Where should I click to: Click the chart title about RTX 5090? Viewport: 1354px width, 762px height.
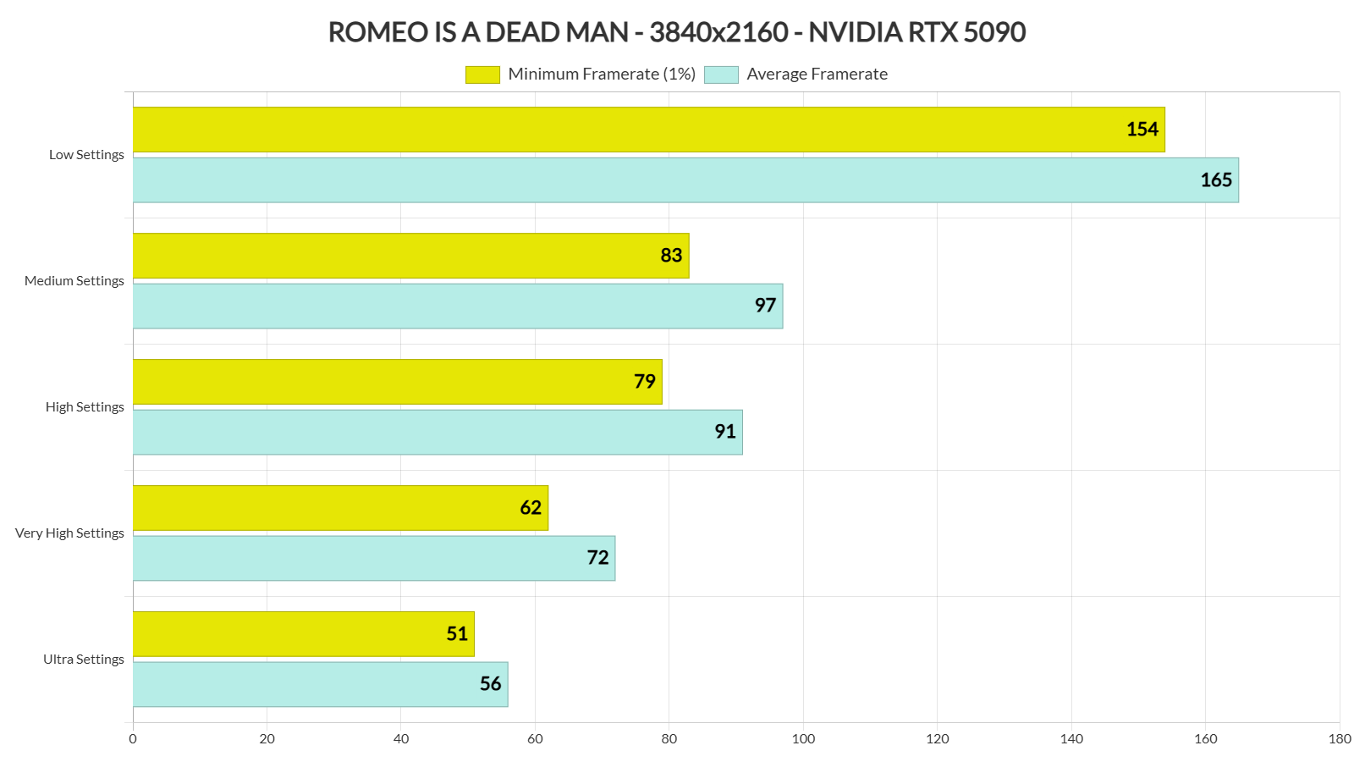click(676, 32)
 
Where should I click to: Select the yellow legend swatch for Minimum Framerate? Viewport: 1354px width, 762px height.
click(482, 75)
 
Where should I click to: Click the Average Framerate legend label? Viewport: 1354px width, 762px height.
click(817, 75)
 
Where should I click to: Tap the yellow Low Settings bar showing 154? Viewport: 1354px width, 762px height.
click(648, 130)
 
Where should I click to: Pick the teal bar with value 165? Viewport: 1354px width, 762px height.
click(685, 180)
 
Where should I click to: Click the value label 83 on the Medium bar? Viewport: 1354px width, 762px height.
click(671, 256)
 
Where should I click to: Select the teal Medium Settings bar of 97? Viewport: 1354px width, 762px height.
click(457, 306)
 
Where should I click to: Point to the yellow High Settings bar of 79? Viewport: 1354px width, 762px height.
click(398, 382)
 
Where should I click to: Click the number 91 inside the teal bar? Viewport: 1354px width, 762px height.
click(725, 432)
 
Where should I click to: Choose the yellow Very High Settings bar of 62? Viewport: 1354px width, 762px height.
click(340, 508)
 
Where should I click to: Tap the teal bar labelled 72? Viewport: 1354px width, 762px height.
click(374, 558)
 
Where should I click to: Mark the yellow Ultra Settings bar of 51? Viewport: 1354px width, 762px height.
click(303, 634)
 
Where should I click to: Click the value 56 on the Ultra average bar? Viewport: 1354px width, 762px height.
click(491, 684)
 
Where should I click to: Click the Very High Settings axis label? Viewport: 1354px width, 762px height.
click(69, 533)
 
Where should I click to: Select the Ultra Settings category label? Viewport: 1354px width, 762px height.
click(83, 660)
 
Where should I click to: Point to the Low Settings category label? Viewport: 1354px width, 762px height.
click(86, 155)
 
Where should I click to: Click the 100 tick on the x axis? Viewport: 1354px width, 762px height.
click(803, 739)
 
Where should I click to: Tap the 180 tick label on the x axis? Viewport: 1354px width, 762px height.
click(1340, 739)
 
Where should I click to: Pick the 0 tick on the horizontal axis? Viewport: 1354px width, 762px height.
click(133, 739)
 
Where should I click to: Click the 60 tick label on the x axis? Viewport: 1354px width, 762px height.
click(535, 739)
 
